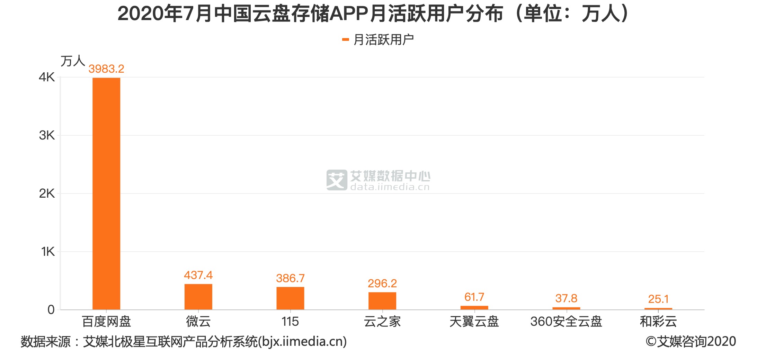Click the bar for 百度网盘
(106, 193)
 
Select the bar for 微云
(198, 297)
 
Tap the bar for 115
(290, 298)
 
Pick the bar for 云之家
(382, 301)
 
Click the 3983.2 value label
(106, 69)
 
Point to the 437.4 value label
(198, 275)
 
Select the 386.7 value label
(290, 278)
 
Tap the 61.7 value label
(474, 297)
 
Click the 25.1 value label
(658, 299)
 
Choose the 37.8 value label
(566, 298)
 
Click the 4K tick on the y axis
(47, 77)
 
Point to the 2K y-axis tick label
(47, 193)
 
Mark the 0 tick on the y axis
(51, 310)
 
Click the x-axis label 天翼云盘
(474, 322)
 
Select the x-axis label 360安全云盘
(566, 322)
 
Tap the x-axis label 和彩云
(658, 322)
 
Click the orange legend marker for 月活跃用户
(345, 40)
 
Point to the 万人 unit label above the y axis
(73, 61)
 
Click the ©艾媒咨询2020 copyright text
(691, 342)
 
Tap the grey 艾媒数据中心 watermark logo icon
(336, 180)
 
